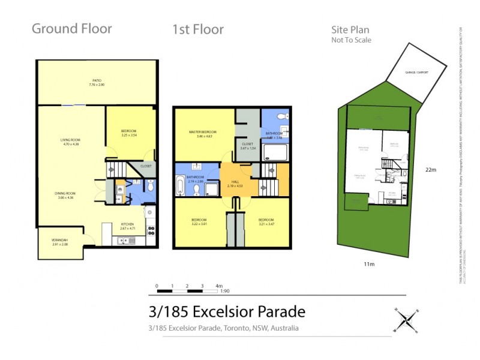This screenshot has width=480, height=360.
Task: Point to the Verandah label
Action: point(59,242)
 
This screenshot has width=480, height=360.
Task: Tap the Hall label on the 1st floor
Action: point(235,184)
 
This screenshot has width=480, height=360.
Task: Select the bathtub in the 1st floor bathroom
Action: point(179,186)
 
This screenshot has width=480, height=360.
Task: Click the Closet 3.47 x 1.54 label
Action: point(248,146)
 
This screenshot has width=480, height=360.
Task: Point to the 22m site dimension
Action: point(430,170)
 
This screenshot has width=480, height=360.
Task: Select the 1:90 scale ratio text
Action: point(225,291)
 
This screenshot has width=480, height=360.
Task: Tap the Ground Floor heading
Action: point(71,29)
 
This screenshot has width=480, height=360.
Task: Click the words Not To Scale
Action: point(351,40)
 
